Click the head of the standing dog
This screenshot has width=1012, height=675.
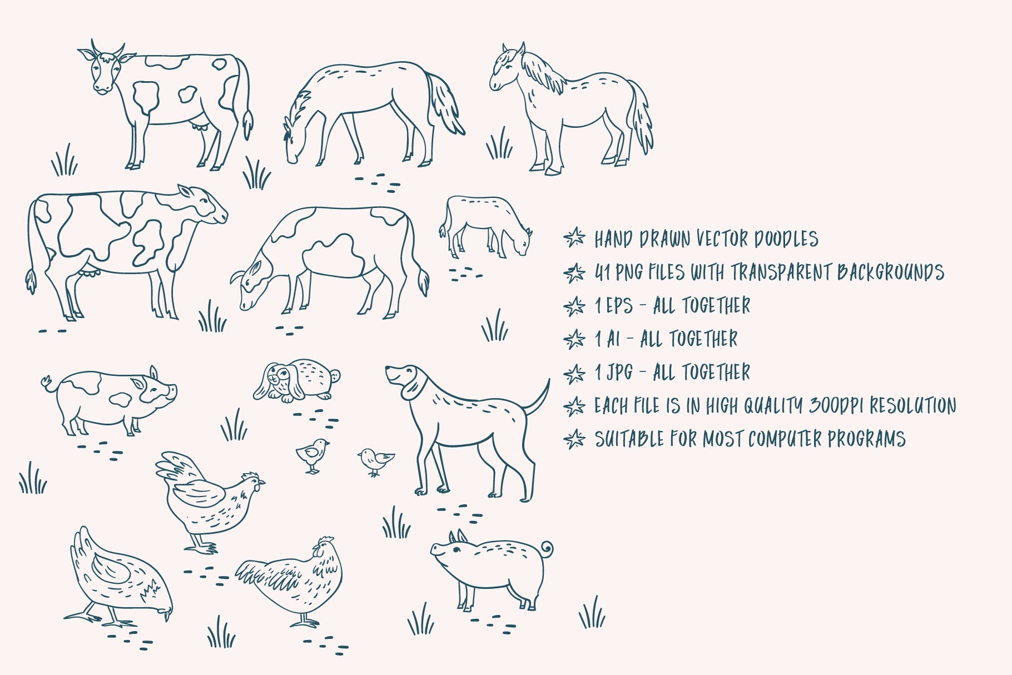406,378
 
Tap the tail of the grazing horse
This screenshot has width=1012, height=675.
445,103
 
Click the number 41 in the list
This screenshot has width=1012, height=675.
602,272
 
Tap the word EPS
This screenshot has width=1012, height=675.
619,306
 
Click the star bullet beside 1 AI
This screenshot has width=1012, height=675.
574,339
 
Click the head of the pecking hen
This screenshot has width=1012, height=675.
166,609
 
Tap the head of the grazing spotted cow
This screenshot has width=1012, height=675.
250,286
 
